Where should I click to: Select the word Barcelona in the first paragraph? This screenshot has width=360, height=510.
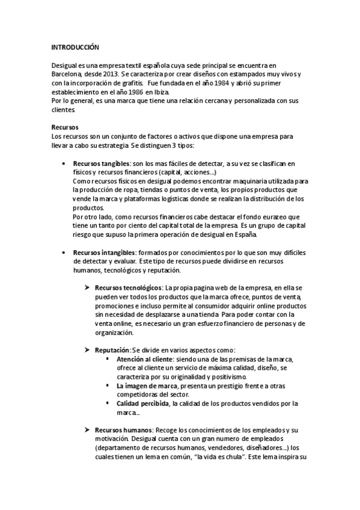pyautogui.click(x=67, y=74)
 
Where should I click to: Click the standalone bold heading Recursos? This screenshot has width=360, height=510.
pyautogui.click(x=65, y=128)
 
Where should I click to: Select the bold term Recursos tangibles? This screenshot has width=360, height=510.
pyautogui.click(x=100, y=164)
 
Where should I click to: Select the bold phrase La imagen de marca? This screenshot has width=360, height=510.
pyautogui.click(x=147, y=386)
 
